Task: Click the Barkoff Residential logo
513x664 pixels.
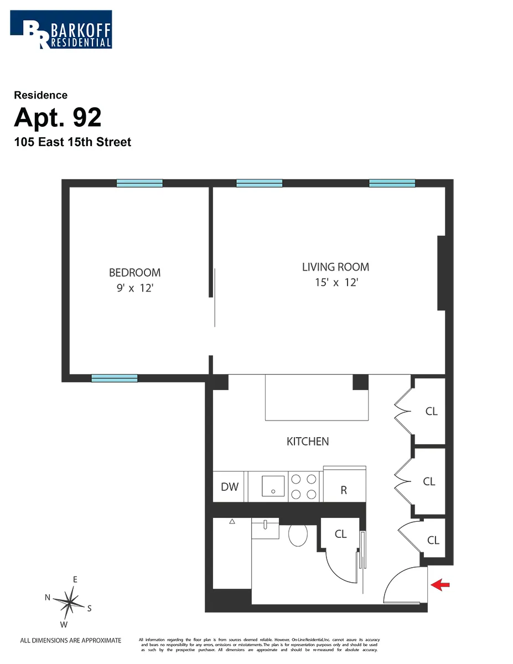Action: coord(61,29)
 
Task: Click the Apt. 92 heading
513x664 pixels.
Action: coord(58,117)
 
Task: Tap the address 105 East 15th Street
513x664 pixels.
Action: coord(72,142)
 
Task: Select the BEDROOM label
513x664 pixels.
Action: coord(134,272)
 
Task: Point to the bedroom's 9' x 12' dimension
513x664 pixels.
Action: coord(134,288)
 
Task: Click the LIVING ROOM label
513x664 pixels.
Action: coord(335,267)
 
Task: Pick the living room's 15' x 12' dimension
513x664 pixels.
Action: coord(335,282)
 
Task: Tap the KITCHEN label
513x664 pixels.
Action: coord(308,442)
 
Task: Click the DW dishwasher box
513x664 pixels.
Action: coord(230,487)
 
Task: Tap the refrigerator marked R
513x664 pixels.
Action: coord(344,490)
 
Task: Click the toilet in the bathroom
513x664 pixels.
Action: coord(298,535)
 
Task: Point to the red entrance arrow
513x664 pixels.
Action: coord(440,585)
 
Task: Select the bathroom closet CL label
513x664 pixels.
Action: coord(340,534)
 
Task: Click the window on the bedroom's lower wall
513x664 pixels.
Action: coord(114,378)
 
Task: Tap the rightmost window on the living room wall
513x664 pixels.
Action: coord(392,184)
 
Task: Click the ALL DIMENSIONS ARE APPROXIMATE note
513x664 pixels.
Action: coord(70,641)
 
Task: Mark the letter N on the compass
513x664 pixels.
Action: coord(48,597)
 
